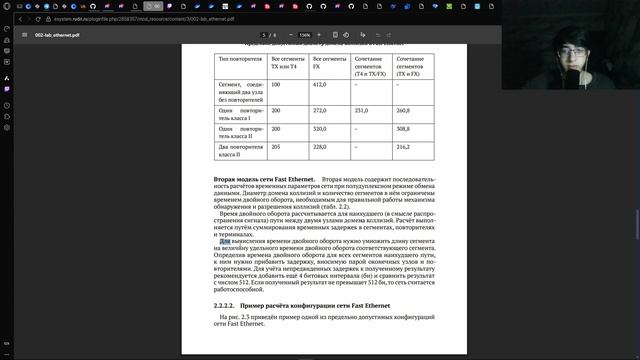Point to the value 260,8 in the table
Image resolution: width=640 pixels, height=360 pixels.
405,110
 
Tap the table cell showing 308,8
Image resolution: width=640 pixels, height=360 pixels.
405,129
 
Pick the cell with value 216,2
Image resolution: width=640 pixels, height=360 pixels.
404,147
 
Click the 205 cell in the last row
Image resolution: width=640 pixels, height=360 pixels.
276,147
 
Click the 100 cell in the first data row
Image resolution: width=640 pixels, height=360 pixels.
276,86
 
